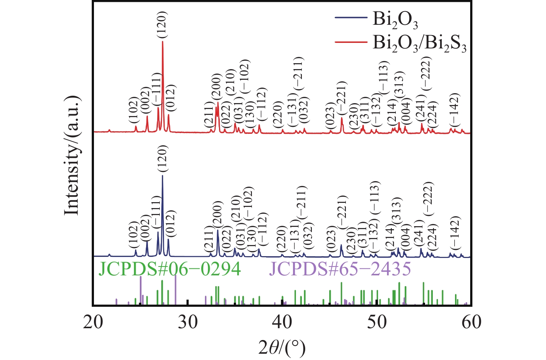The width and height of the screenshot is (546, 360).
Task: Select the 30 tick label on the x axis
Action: click(188, 322)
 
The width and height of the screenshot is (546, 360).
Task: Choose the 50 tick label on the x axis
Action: click(377, 322)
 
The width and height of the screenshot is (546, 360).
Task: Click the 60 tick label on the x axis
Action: click(471, 322)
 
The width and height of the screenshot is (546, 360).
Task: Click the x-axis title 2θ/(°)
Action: click(283, 347)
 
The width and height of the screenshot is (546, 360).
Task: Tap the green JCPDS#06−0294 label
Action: click(169, 269)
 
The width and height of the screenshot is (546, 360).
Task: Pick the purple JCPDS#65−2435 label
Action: click(340, 269)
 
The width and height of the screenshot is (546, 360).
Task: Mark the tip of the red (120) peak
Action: click(163, 41)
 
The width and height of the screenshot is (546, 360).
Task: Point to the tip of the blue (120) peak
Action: click(162, 176)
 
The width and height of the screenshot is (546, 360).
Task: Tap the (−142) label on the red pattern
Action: click(454, 110)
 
